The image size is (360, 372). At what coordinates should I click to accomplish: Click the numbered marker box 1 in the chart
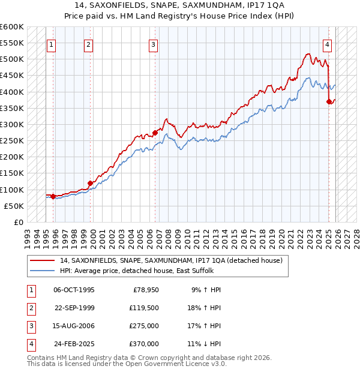[51, 44]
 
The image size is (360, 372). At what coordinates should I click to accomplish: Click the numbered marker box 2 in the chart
[88, 44]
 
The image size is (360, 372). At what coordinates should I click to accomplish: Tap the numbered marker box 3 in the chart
[153, 44]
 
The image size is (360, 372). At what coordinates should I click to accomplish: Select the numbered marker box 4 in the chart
[327, 44]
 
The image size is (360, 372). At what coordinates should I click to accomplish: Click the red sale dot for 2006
[155, 132]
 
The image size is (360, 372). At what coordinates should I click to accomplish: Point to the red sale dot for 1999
[91, 183]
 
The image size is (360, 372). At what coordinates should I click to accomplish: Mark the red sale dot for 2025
[329, 101]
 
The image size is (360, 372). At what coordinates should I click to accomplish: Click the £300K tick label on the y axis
[12, 124]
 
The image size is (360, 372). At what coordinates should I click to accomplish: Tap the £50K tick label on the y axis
[14, 206]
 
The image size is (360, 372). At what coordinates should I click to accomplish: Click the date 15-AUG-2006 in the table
[74, 327]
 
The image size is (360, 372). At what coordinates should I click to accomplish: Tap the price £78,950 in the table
[144, 290]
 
